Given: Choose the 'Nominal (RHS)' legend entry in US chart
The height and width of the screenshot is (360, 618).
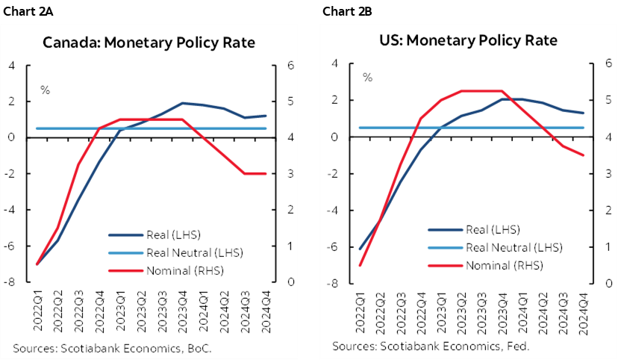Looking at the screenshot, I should click(493, 265).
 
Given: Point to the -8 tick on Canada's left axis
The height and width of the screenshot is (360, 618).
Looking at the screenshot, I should click(12, 282).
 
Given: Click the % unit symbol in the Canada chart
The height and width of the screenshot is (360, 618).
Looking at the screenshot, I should click(45, 90).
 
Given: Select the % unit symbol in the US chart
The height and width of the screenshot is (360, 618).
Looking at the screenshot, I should click(367, 77).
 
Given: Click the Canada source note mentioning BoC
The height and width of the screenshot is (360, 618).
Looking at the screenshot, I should click(112, 348).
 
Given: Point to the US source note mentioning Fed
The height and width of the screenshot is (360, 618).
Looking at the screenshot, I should click(431, 347).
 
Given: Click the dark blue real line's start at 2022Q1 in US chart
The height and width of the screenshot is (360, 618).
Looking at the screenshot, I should click(360, 249).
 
